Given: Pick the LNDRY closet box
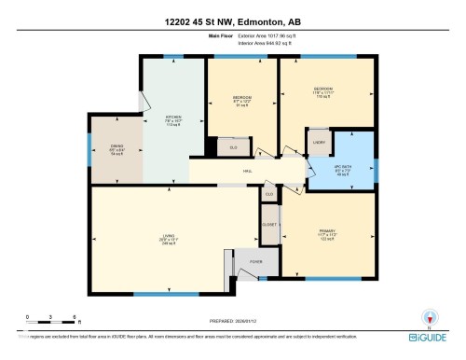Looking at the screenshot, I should point(319,143).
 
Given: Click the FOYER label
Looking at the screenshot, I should point(254,262).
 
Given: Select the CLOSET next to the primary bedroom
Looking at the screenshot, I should point(269,225).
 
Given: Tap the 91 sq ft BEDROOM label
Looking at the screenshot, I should point(241,98).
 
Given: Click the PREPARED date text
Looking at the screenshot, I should point(233,318).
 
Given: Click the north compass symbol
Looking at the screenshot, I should point(430,317).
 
